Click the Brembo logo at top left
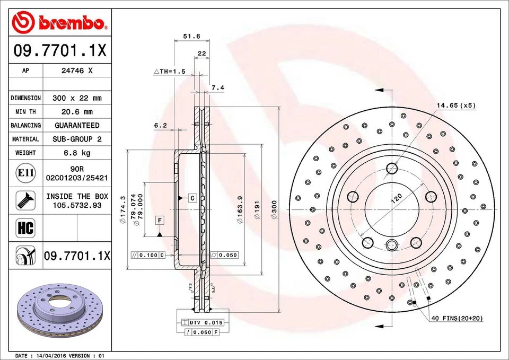(59, 22)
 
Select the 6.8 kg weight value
(77, 153)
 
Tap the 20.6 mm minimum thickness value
(77, 112)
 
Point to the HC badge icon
(25, 229)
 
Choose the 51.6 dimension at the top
(191, 37)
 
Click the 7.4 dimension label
(218, 87)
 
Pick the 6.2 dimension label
(161, 126)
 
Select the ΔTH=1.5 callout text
(169, 71)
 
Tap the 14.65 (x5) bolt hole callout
(456, 106)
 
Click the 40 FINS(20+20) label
(457, 318)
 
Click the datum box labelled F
(159, 219)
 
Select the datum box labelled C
(192, 198)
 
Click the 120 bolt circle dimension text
(397, 200)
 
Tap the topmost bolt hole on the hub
(392, 169)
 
